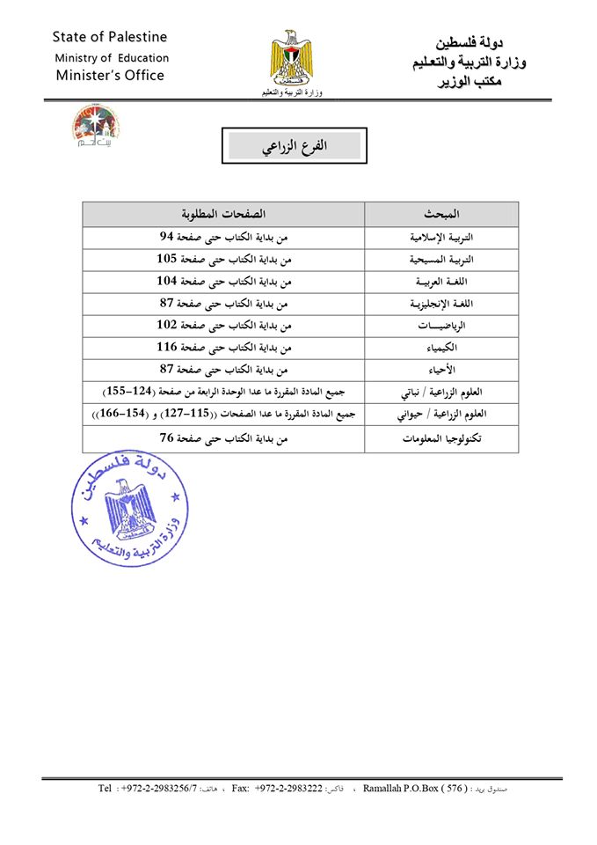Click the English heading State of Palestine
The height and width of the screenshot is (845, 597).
[109, 37]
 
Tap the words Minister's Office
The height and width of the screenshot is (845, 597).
[109, 76]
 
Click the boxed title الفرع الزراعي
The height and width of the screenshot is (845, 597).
[295, 146]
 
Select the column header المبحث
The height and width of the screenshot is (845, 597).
[441, 215]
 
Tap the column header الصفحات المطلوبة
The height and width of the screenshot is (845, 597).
[223, 215]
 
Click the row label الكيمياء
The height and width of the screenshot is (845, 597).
[441, 348]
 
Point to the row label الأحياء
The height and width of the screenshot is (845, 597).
[441, 370]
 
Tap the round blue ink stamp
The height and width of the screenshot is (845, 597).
[130, 512]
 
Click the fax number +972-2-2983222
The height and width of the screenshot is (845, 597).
[290, 789]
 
